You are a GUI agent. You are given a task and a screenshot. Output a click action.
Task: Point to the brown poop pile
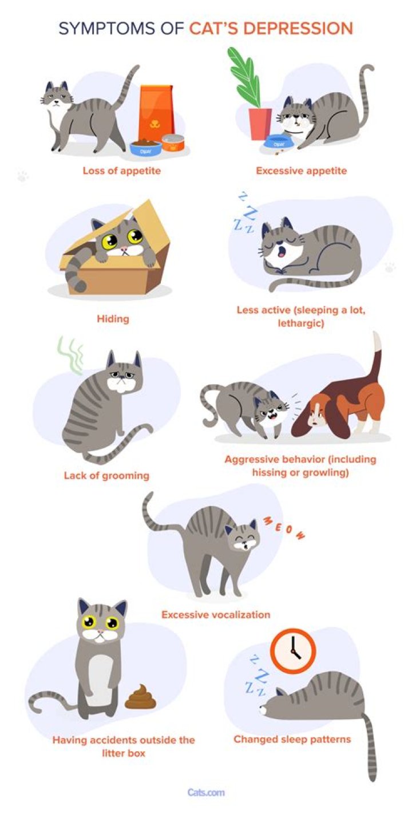point(140,697)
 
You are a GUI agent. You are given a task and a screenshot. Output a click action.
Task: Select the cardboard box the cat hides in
point(114,269)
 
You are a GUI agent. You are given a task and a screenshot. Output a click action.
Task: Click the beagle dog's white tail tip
point(377,342)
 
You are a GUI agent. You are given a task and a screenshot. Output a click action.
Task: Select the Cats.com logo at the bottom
point(206,792)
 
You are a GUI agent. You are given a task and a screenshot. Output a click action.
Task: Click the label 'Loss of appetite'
point(121,171)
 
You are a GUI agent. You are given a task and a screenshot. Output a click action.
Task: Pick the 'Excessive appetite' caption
point(301,171)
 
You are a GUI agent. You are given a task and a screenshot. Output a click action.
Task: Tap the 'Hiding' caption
point(113,319)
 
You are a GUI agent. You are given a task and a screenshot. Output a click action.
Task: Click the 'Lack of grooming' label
point(106,475)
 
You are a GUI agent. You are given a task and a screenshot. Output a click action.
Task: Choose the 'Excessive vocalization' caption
point(215,615)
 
